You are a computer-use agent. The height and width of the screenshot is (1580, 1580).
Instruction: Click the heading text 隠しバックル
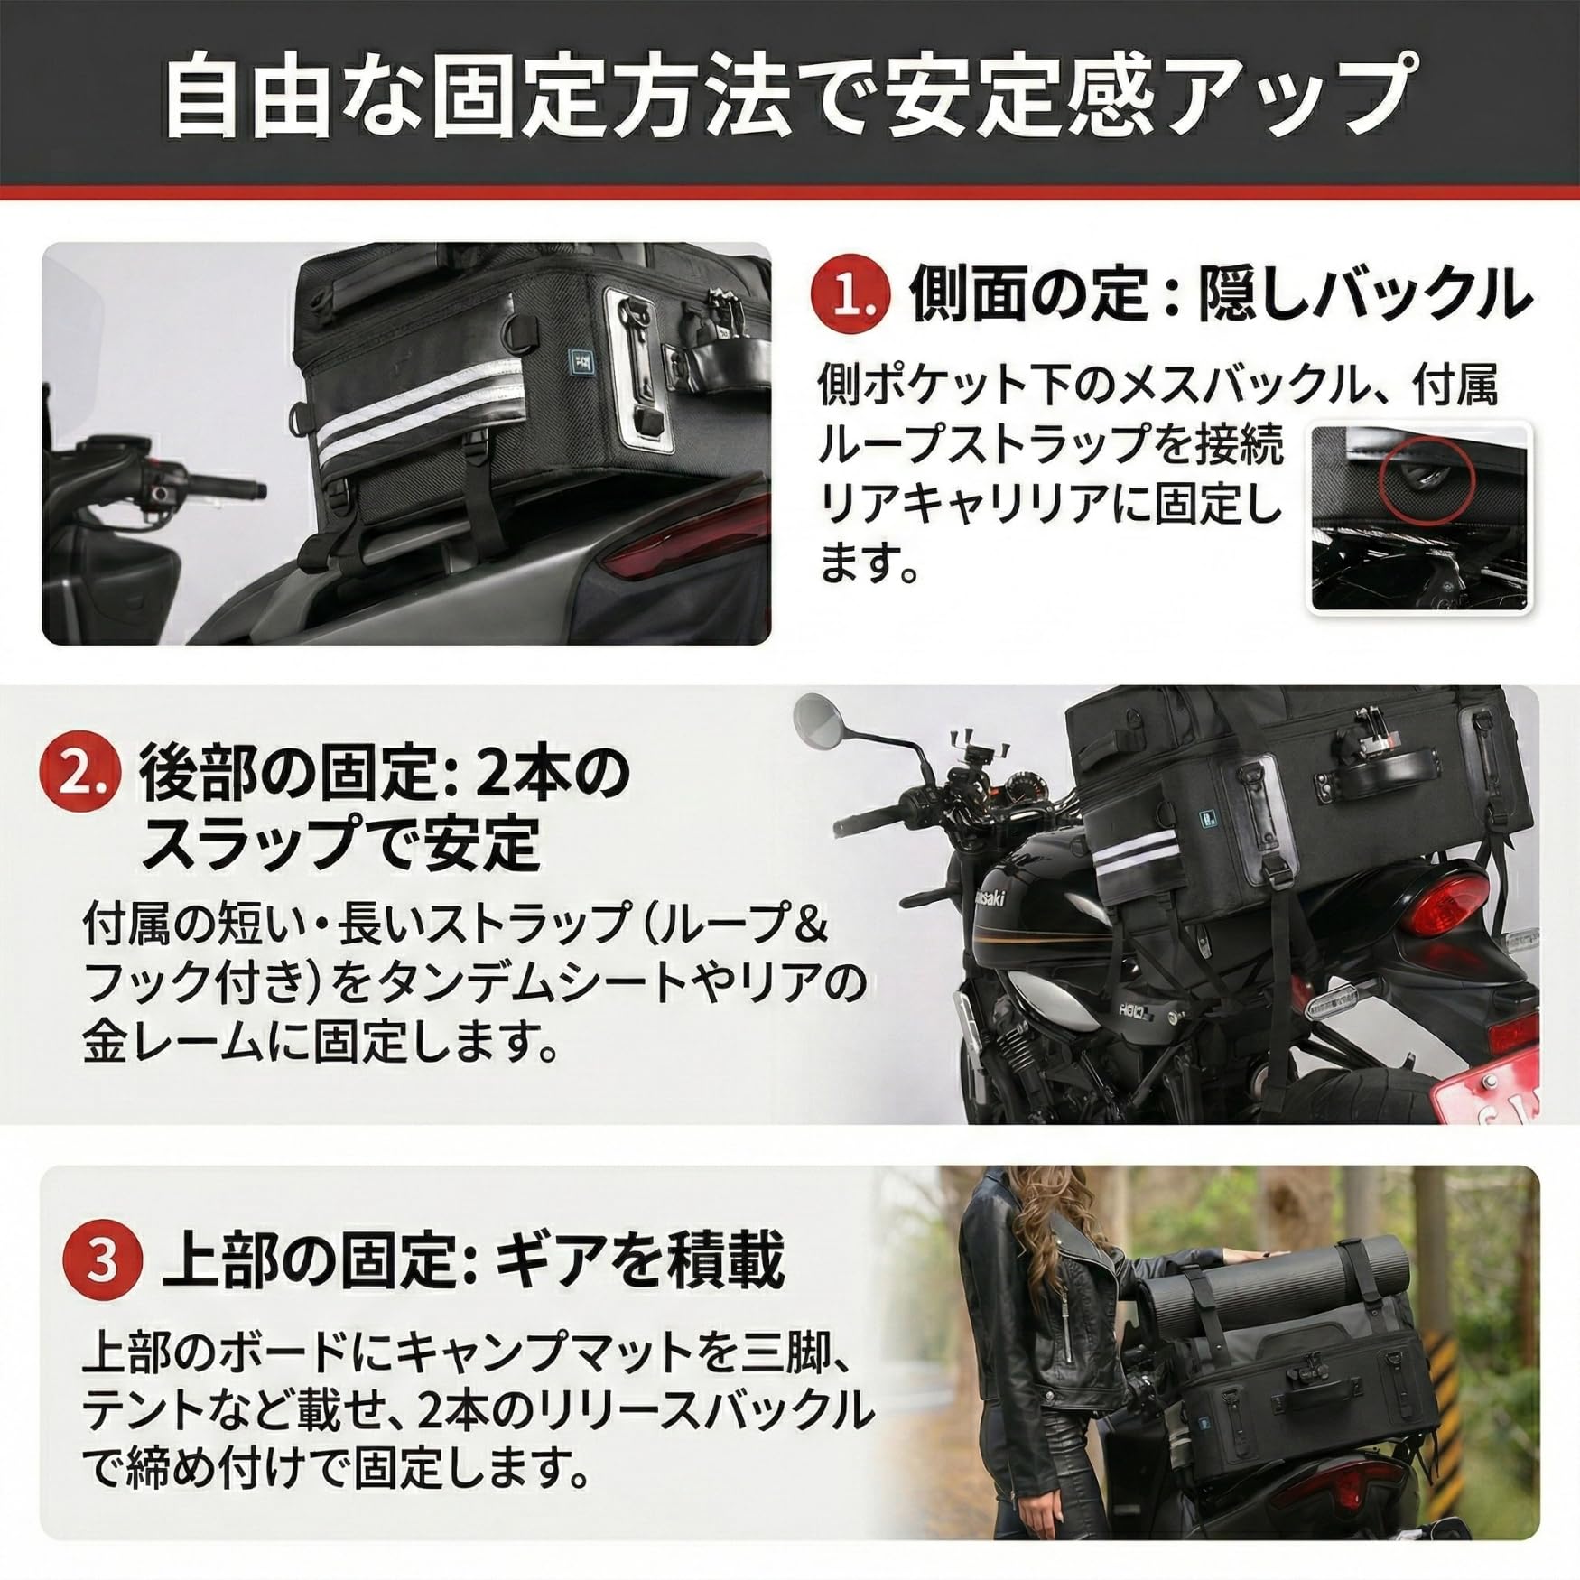pos(1365,294)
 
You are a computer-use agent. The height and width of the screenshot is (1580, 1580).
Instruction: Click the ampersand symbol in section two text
pos(810,924)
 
